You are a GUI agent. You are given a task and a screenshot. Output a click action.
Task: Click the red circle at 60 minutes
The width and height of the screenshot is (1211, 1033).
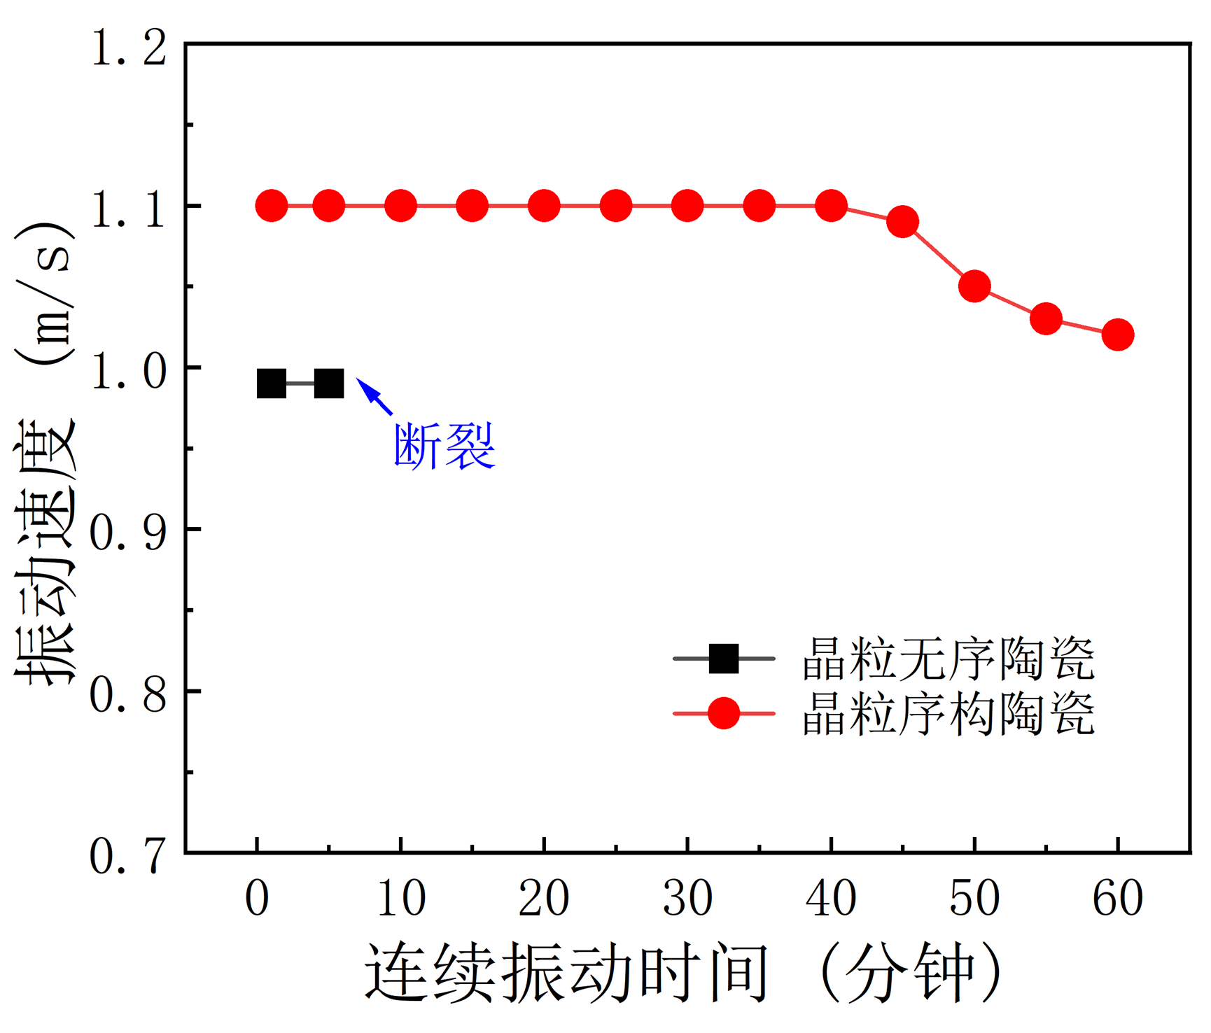click(x=1117, y=335)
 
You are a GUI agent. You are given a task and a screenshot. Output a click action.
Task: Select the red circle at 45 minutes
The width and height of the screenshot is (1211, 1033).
click(x=902, y=222)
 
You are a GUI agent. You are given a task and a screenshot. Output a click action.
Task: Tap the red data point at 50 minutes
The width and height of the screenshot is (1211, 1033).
click(x=974, y=286)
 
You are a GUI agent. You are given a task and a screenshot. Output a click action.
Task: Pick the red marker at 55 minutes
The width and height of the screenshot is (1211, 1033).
click(x=1046, y=318)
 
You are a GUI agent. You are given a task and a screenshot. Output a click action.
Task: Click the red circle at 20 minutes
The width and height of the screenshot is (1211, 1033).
click(x=544, y=206)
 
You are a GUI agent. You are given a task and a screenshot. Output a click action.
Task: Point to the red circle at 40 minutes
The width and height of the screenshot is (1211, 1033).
click(x=831, y=206)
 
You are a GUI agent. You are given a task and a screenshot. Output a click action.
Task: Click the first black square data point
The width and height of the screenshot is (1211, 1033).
click(x=272, y=384)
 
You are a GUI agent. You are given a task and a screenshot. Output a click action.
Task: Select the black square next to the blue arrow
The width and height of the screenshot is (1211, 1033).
click(x=329, y=384)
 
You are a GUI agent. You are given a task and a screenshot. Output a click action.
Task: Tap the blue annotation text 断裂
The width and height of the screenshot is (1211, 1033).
click(x=444, y=446)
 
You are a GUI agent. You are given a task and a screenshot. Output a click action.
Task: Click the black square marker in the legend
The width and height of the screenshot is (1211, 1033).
click(x=724, y=659)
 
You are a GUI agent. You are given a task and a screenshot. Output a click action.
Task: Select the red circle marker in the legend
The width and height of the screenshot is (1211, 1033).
click(x=724, y=714)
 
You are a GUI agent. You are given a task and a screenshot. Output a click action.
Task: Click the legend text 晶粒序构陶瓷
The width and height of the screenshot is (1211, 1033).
click(x=948, y=715)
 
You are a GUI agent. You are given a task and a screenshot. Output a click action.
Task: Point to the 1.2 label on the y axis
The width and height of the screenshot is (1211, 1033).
click(x=129, y=48)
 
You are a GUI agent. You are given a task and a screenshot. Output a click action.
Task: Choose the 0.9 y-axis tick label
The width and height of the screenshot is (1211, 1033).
click(x=129, y=533)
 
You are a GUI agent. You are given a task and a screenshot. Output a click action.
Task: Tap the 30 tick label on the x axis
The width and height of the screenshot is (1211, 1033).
click(x=687, y=899)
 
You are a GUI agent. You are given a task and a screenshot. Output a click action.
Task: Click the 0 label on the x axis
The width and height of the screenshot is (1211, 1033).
click(x=257, y=899)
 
